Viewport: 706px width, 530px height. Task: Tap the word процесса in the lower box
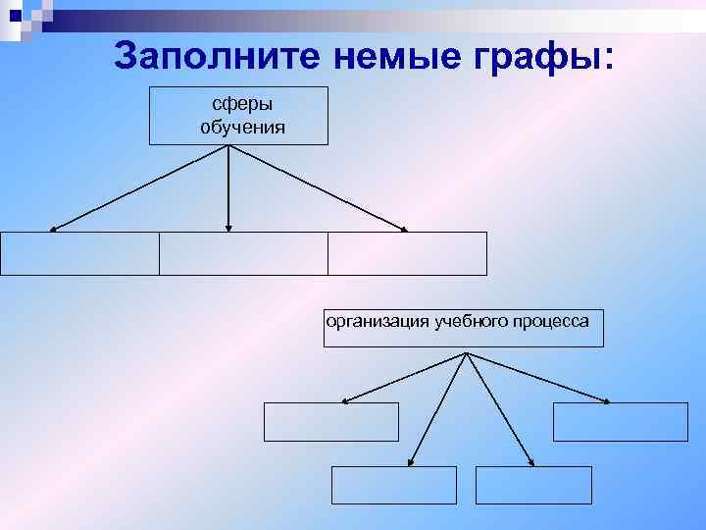click(550, 321)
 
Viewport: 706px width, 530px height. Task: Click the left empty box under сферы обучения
click(79, 253)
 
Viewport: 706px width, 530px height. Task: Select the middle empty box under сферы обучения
click(243, 253)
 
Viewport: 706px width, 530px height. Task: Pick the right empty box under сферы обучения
click(407, 253)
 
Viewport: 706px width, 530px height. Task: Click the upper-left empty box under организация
click(331, 422)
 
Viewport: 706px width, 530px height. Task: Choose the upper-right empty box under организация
click(621, 422)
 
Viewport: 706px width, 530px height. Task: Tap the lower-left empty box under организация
click(394, 485)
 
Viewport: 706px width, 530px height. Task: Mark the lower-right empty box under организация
click(533, 485)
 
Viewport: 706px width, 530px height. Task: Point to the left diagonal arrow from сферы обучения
click(139, 188)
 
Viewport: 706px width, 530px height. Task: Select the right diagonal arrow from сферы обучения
click(318, 188)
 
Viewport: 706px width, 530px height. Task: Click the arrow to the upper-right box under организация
click(537, 377)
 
